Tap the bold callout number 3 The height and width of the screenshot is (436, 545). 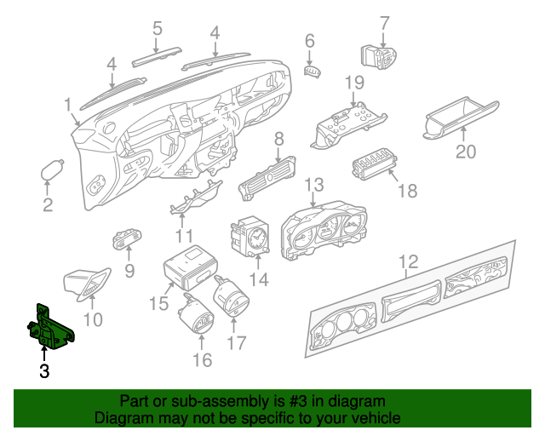tap(44, 371)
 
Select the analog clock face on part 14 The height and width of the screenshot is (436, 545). tap(256, 238)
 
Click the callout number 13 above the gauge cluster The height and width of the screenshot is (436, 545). tap(314, 185)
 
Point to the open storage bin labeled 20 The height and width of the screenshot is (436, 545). tap(461, 118)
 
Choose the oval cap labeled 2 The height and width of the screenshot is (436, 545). tap(52, 169)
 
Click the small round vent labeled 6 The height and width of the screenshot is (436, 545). tap(313, 72)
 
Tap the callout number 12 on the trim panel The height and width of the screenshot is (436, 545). tap(409, 261)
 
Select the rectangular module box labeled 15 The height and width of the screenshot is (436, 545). tap(191, 267)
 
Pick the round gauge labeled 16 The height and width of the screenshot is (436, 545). tap(196, 314)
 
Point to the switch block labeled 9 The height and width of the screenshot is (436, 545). tap(127, 238)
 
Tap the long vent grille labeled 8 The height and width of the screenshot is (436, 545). tap(267, 178)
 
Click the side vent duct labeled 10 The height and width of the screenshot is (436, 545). tap(87, 284)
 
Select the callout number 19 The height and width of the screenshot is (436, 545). tap(354, 83)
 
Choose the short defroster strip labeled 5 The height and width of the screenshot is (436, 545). tap(157, 56)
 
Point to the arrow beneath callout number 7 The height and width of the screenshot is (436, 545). tap(383, 41)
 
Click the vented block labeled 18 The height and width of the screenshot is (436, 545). tap(375, 163)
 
